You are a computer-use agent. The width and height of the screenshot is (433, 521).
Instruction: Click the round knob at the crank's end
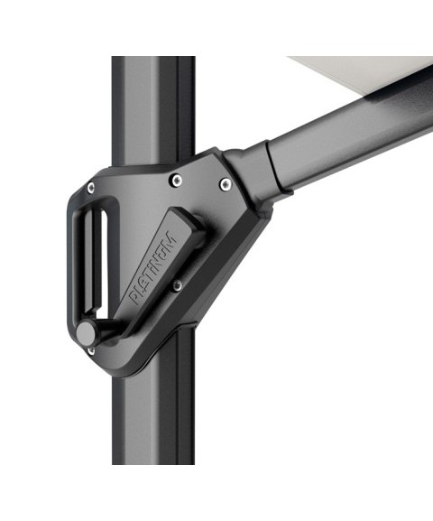point(87,333)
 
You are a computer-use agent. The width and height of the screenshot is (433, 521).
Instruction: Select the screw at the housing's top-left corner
point(90,188)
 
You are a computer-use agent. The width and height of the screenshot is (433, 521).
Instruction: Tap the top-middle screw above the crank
point(177,181)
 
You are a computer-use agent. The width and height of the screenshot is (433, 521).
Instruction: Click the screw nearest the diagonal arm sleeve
point(226,183)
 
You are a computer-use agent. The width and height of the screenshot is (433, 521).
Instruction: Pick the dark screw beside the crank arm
point(178,285)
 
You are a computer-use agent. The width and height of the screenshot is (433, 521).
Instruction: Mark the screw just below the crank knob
point(90,351)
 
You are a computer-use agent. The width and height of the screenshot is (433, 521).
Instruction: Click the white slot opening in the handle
point(103,259)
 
